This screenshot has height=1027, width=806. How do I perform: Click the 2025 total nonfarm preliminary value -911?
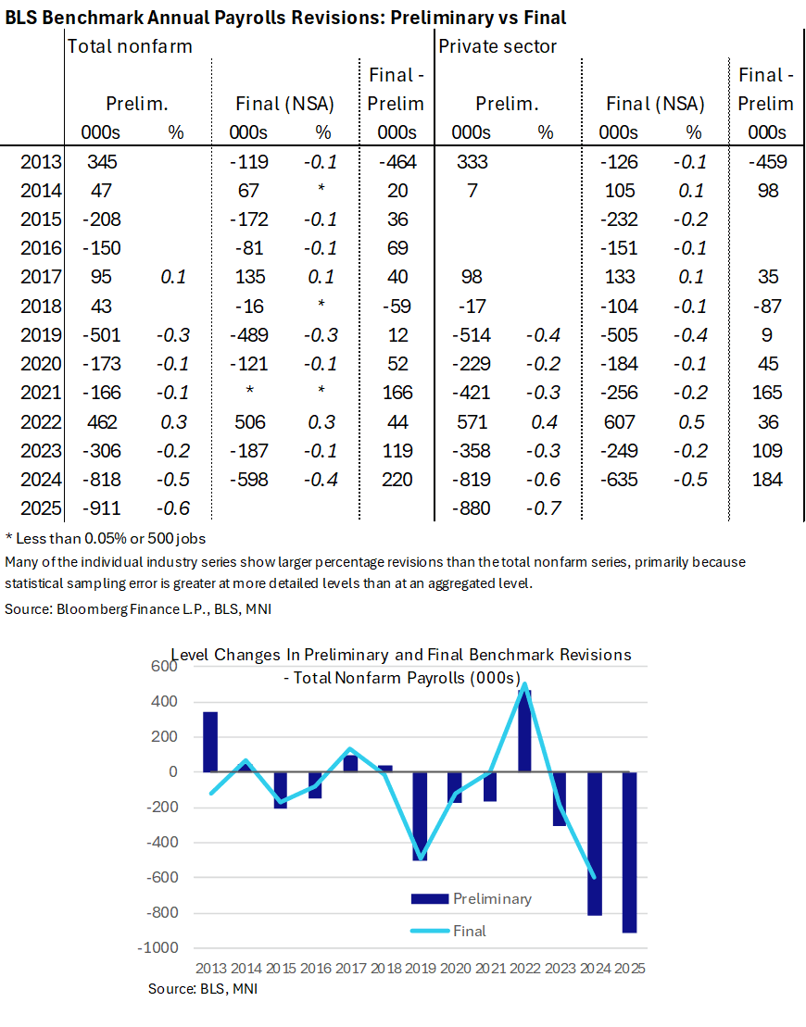click(105, 508)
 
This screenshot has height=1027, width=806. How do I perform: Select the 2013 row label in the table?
click(40, 162)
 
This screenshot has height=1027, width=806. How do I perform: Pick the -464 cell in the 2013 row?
click(397, 162)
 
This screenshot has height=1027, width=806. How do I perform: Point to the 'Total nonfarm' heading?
click(129, 45)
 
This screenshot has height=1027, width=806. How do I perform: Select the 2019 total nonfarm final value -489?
click(247, 335)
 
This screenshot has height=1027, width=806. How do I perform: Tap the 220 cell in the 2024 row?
click(397, 480)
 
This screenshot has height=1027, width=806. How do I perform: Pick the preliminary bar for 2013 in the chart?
click(210, 740)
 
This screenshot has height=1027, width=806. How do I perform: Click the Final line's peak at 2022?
click(525, 686)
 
